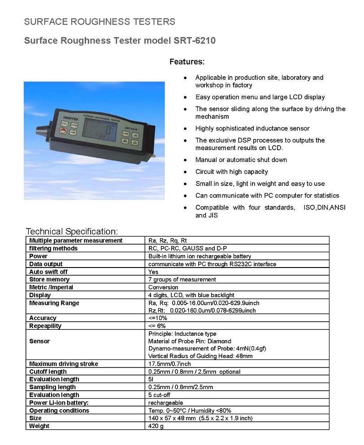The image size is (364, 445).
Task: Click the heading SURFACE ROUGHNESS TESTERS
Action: point(99,22)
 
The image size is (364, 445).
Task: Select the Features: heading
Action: point(186,61)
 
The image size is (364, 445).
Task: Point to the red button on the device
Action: point(63,131)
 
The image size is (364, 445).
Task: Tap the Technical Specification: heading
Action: point(72,231)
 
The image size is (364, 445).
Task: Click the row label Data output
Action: point(46,264)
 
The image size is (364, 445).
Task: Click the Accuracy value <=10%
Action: point(157,318)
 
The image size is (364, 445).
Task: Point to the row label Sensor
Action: point(39,341)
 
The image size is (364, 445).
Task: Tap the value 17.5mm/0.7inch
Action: point(169,364)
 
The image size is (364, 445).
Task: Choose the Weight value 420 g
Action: point(156,426)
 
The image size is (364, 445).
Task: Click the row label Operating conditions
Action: point(59,410)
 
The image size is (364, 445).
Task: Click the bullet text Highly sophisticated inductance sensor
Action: point(252,129)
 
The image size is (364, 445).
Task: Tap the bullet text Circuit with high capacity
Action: point(231,172)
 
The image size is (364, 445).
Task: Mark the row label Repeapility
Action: point(45,326)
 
